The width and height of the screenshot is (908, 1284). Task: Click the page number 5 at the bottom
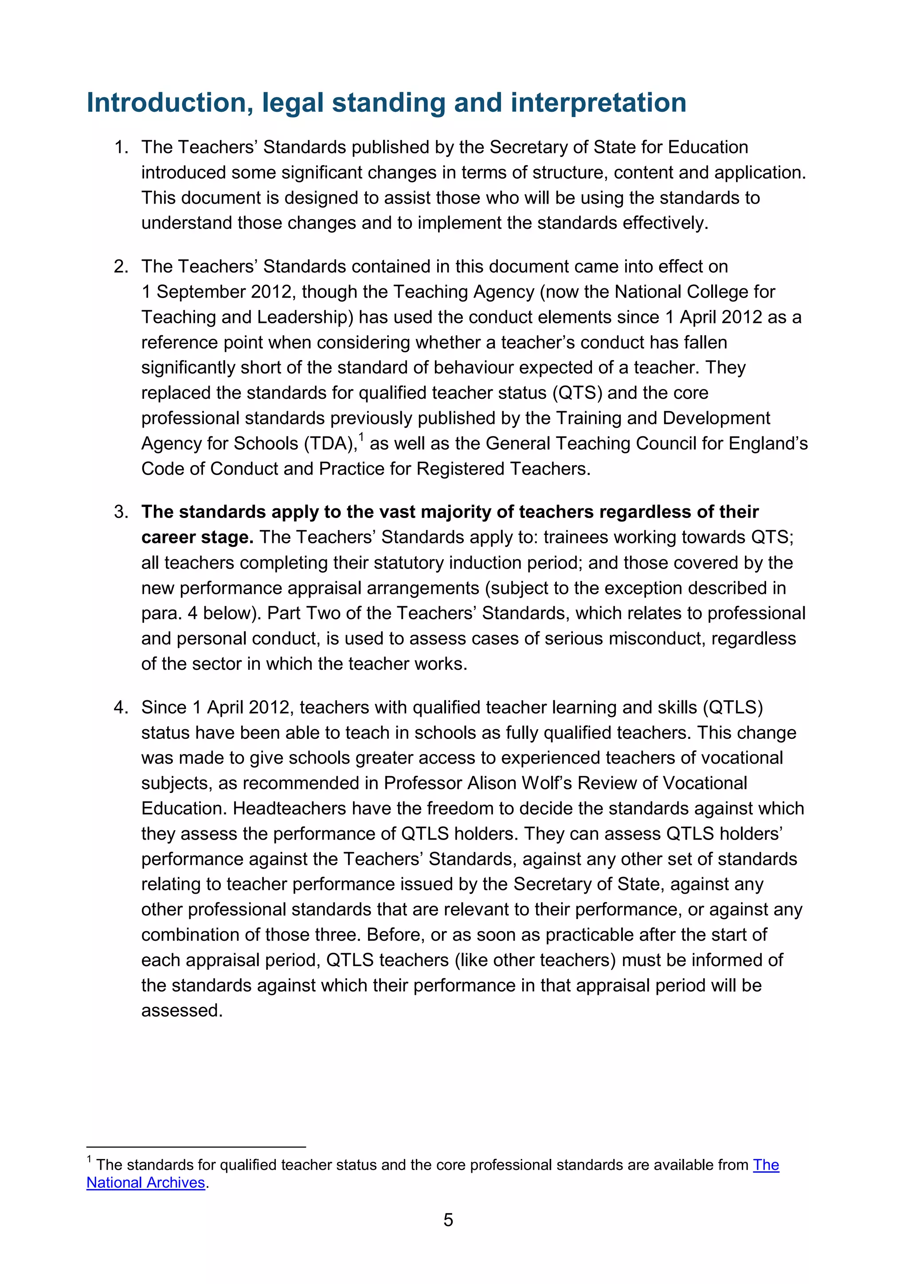[x=448, y=1219]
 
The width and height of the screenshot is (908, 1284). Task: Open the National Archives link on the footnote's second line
[x=145, y=1182]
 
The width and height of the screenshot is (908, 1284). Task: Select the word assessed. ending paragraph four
[x=182, y=1010]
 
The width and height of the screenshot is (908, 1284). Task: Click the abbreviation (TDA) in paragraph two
[x=330, y=444]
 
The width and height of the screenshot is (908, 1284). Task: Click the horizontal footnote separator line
[x=196, y=1147]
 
